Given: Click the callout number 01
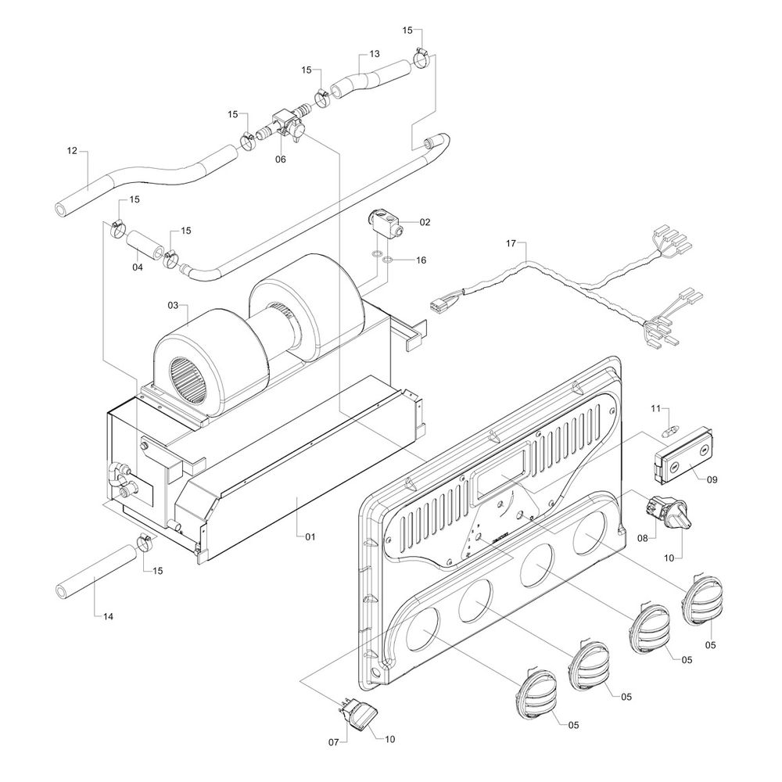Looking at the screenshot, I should (x=310, y=536).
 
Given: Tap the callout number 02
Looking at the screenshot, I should (x=425, y=222).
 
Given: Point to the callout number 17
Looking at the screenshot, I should (x=511, y=244).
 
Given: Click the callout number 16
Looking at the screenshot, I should (x=421, y=260).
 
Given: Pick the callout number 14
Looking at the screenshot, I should (x=108, y=617).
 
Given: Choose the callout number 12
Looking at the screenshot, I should (x=72, y=151).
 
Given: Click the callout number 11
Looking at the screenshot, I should (x=656, y=408).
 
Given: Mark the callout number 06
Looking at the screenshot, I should (x=280, y=160).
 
